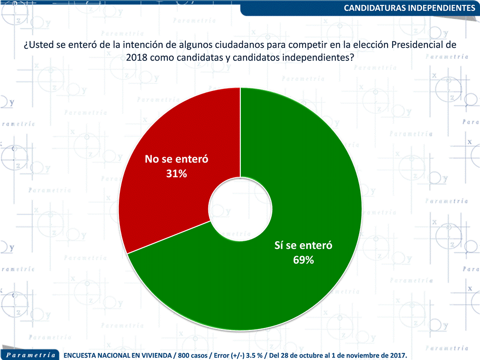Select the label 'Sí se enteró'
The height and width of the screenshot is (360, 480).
pyautogui.click(x=304, y=246)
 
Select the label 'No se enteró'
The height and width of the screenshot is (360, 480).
pyautogui.click(x=176, y=159)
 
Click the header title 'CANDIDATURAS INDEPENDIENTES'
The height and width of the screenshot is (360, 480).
pyautogui.click(x=410, y=8)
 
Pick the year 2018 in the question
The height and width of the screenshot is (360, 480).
pyautogui.click(x=136, y=57)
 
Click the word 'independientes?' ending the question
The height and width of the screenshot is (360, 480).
pyautogui.click(x=318, y=57)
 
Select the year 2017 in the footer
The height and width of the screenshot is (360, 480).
pyautogui.click(x=398, y=355)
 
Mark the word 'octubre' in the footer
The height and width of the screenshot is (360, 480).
pyautogui.click(x=315, y=355)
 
